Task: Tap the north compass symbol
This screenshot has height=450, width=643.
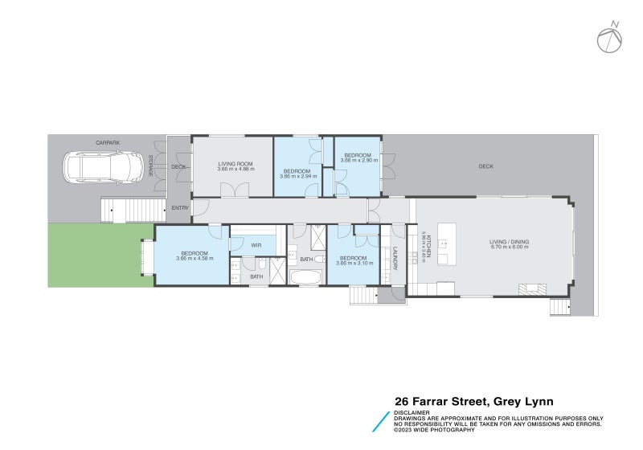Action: tap(608, 37)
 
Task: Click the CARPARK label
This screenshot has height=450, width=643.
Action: tap(107, 142)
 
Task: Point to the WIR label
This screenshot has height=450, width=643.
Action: tap(256, 244)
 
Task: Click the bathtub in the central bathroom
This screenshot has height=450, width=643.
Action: tap(305, 278)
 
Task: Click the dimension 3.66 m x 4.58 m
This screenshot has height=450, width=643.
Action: tap(193, 258)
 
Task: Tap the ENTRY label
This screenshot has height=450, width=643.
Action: tap(179, 209)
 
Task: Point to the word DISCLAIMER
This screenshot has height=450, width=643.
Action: tap(411, 412)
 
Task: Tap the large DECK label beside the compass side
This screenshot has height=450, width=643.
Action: tap(485, 166)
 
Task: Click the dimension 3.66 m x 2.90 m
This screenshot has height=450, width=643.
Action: tap(357, 159)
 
